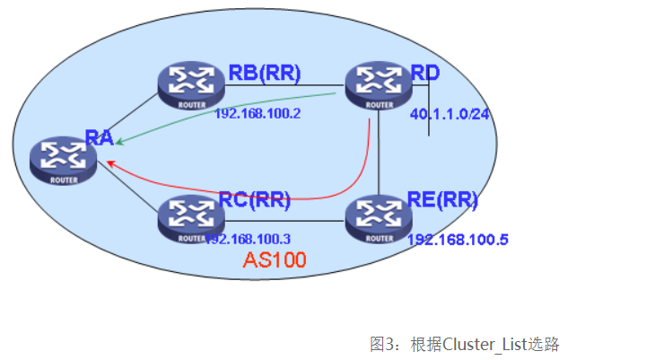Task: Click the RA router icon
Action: tap(62, 161)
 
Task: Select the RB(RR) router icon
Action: tap(190, 83)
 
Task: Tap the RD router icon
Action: tap(379, 83)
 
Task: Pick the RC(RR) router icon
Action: tap(190, 218)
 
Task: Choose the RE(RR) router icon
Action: tap(378, 218)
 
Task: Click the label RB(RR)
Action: tap(264, 73)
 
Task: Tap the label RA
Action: tap(99, 136)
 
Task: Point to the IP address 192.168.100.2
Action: tap(257, 114)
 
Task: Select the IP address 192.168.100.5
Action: tap(458, 240)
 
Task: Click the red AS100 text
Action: tap(275, 260)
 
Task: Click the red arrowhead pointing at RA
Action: tap(109, 162)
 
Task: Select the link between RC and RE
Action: tap(284, 220)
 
